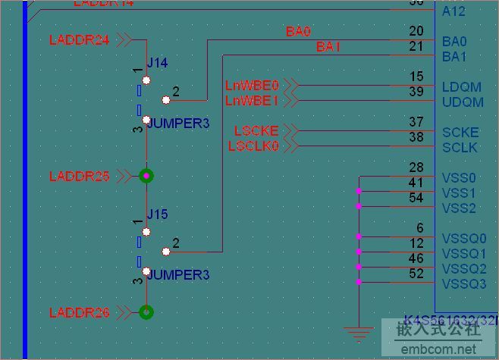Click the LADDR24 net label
[x=79, y=40]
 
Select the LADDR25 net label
[x=79, y=177]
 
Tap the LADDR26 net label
[x=79, y=312]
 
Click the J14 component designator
[x=157, y=63]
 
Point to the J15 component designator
[x=157, y=214]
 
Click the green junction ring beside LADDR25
[x=146, y=176]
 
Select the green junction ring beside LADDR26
[x=146, y=311]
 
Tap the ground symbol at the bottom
[x=359, y=333]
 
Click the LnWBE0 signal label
[x=253, y=85]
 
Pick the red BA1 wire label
[x=328, y=47]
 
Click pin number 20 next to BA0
[x=416, y=31]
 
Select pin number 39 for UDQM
[x=416, y=92]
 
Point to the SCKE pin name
[x=460, y=133]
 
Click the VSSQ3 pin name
[x=464, y=284]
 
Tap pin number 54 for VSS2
[x=416, y=198]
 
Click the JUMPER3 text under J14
[x=177, y=123]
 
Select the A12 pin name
[x=453, y=11]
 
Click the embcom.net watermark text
[x=440, y=350]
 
